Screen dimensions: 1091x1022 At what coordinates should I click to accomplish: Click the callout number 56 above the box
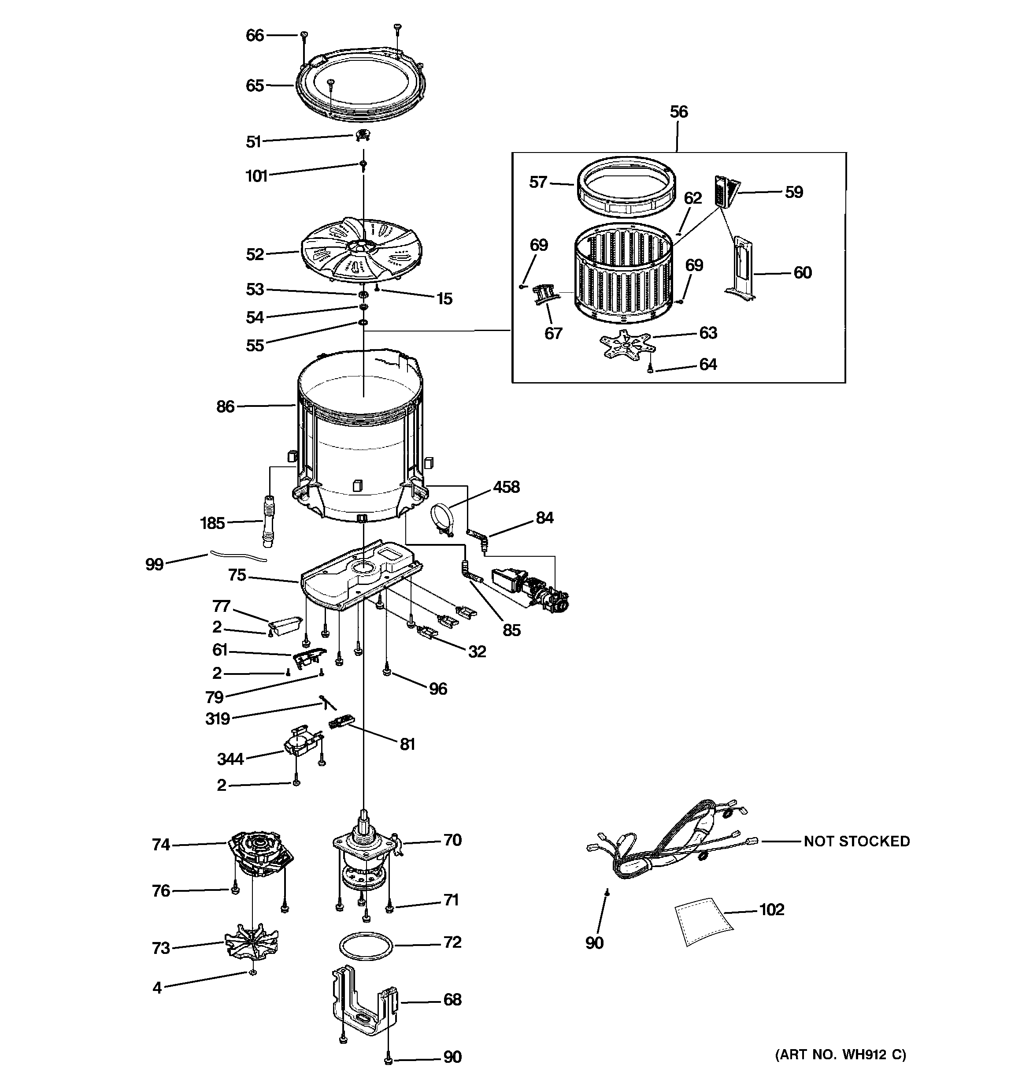[678, 112]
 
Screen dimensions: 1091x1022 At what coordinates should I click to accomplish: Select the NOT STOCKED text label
[856, 842]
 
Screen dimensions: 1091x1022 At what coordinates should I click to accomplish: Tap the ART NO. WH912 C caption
[840, 1054]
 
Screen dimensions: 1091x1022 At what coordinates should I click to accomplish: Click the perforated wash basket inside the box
[624, 273]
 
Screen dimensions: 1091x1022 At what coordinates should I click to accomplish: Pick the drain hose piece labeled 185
[269, 520]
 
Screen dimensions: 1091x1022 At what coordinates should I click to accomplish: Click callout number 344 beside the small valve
[230, 759]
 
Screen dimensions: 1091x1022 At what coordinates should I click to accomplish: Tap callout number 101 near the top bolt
[256, 176]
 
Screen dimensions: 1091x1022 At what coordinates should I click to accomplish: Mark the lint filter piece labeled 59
[725, 191]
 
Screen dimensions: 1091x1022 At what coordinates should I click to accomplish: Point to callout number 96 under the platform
[438, 689]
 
